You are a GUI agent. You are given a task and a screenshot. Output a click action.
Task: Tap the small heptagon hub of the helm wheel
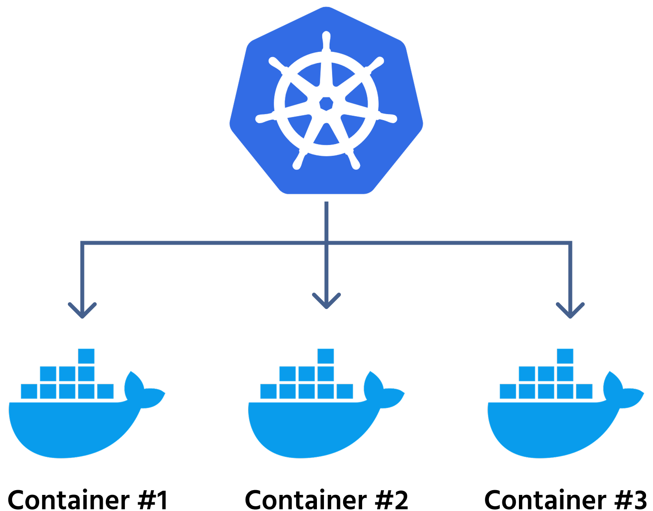pyautogui.click(x=326, y=104)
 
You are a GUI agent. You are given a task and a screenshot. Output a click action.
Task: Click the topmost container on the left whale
pyautogui.click(x=86, y=356)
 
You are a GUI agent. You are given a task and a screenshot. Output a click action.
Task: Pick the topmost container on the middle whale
pyautogui.click(x=326, y=356)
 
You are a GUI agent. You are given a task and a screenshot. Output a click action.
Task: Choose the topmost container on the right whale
pyautogui.click(x=565, y=356)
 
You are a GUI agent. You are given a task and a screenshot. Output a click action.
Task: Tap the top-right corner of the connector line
pyautogui.click(x=570, y=243)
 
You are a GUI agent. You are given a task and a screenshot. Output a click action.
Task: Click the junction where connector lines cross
pyautogui.click(x=326, y=243)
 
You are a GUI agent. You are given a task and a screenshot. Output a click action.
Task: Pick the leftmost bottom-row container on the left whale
pyautogui.click(x=29, y=391)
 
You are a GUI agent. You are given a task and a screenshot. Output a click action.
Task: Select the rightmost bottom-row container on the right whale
pyautogui.click(x=584, y=391)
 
